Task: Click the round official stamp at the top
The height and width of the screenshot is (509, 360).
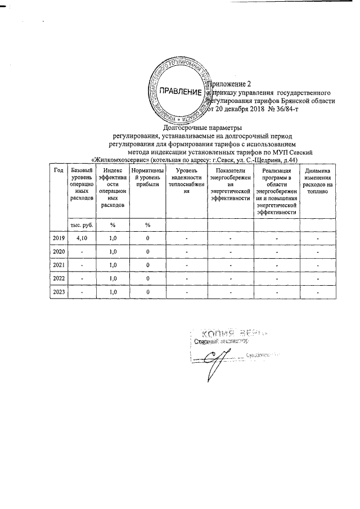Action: click(x=178, y=92)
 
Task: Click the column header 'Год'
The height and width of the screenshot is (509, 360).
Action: click(x=57, y=170)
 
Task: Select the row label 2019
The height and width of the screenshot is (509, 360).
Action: click(x=58, y=238)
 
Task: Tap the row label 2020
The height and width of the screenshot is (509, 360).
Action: click(x=58, y=251)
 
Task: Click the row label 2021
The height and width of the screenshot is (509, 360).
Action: click(x=58, y=265)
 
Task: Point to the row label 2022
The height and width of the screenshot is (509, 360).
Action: click(x=58, y=278)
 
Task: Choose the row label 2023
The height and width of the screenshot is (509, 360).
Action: click(x=58, y=292)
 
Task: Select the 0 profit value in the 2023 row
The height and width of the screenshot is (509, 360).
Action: click(x=147, y=292)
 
